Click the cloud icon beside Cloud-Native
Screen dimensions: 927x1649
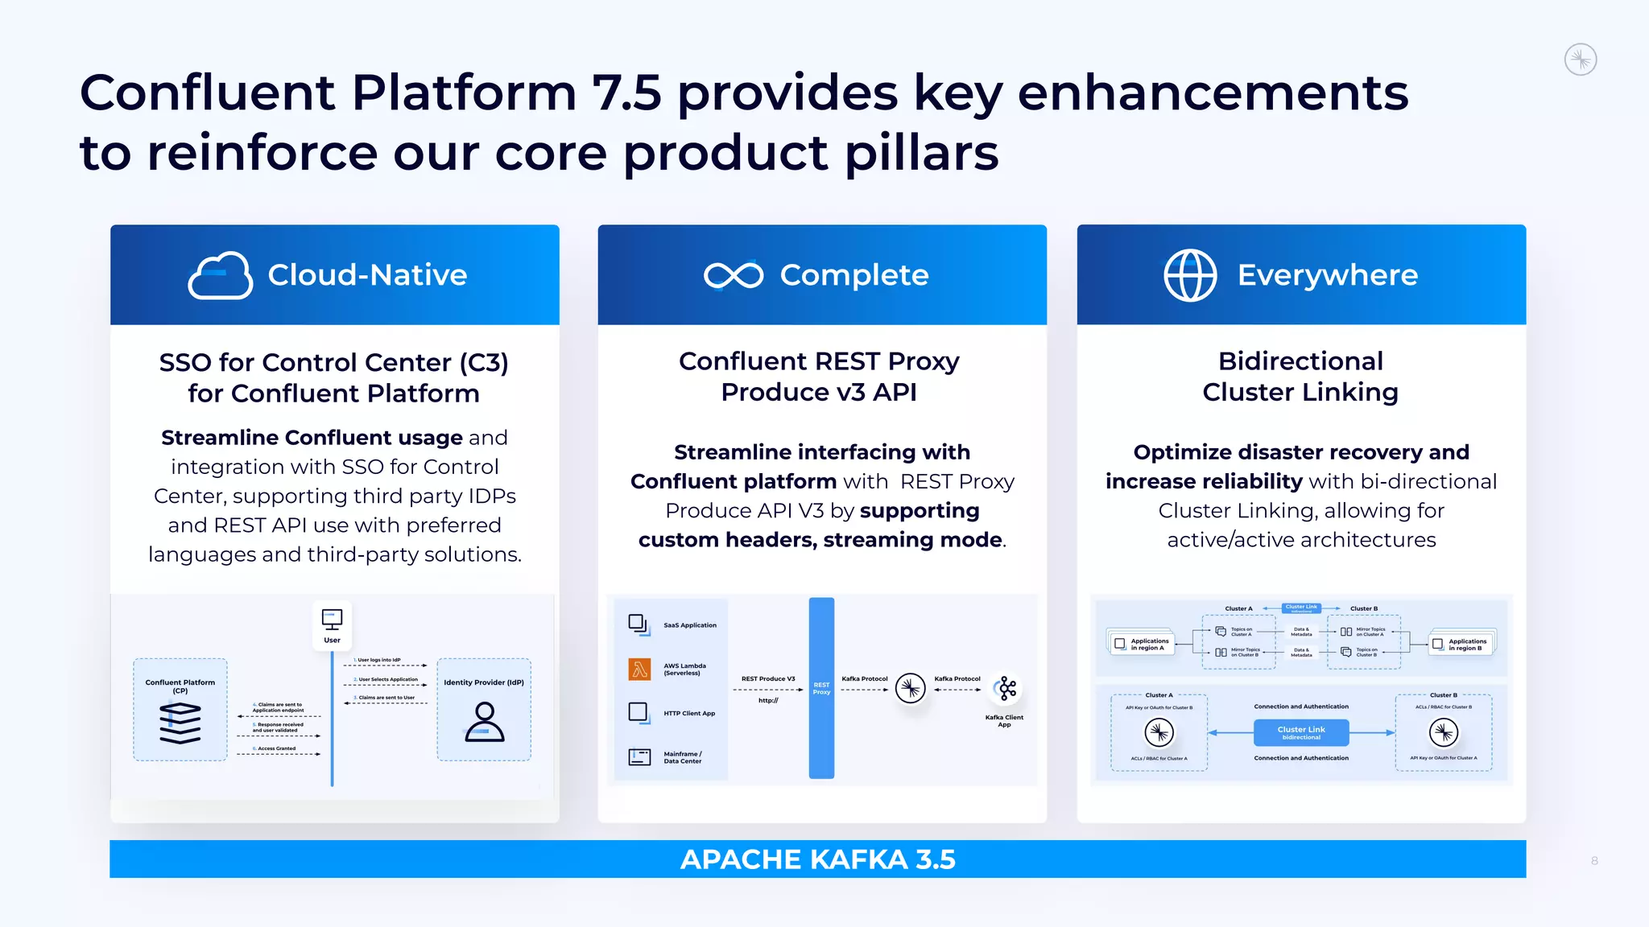220,275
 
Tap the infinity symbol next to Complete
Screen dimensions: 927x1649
733,275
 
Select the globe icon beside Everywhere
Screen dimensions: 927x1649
1190,275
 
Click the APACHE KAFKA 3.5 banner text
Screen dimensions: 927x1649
817,859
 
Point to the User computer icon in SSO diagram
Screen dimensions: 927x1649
332,619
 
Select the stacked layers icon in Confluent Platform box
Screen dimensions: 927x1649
180,723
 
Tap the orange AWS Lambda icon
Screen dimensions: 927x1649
639,669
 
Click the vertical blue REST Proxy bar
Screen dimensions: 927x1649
821,688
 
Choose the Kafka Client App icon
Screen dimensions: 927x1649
1006,688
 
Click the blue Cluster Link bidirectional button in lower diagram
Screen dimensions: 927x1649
1300,732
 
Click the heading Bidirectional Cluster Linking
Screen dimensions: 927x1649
1300,377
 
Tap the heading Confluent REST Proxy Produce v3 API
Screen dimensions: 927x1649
819,377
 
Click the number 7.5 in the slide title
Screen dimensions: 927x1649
626,93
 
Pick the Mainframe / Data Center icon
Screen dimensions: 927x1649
639,756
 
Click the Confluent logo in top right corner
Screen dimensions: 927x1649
1580,60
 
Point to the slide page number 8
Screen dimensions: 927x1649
1594,861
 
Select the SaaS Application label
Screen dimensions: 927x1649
689,625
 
